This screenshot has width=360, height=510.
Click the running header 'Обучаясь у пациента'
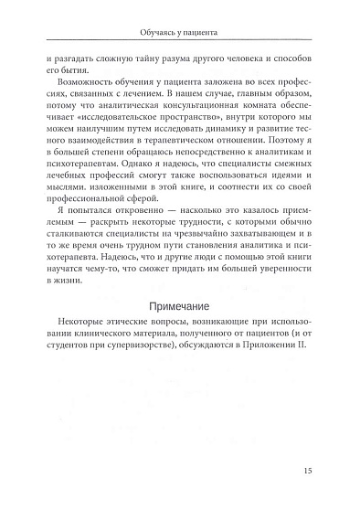pos(180,30)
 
